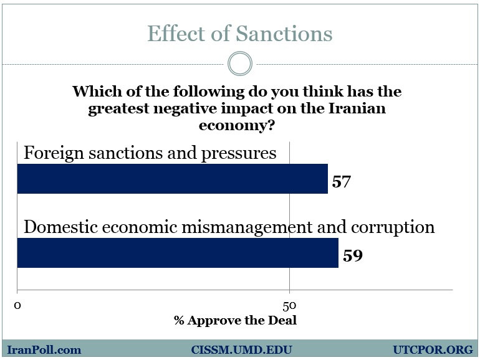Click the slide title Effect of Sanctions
click(239, 34)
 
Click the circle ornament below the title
click(240, 64)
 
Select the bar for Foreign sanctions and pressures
click(172, 179)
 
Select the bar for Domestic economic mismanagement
click(177, 252)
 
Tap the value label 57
click(342, 182)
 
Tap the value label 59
click(352, 255)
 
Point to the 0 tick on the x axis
click(17, 305)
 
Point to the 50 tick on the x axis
click(289, 305)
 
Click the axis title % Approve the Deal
click(235, 321)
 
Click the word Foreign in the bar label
click(49, 153)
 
